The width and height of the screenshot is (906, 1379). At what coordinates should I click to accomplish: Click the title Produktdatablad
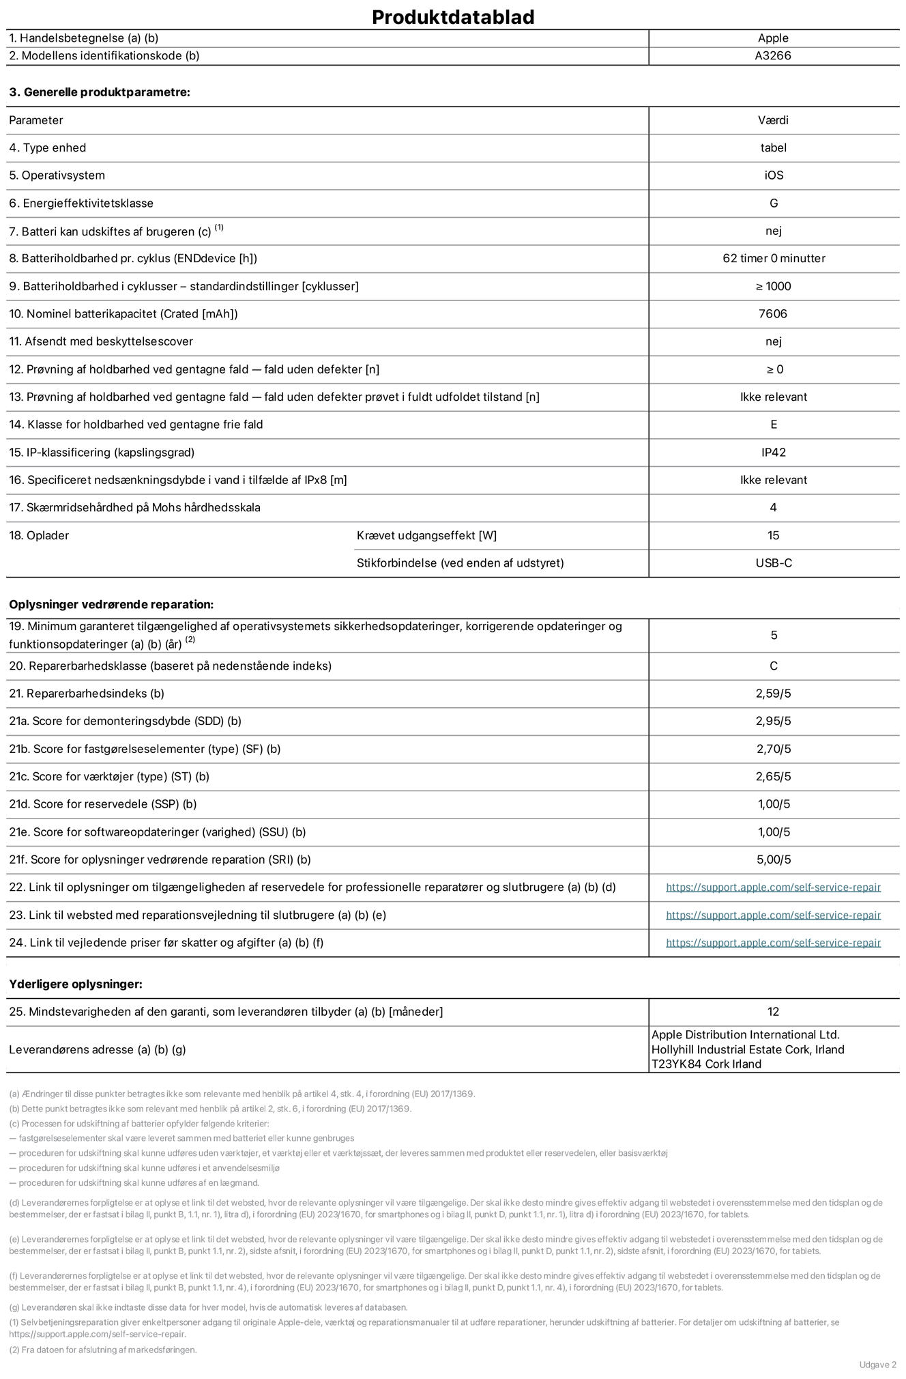tap(453, 17)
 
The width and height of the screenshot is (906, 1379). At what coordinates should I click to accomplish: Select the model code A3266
tap(773, 56)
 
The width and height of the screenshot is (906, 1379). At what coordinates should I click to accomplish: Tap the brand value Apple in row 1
tap(773, 38)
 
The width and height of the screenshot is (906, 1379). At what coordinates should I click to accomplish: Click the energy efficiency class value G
tap(774, 203)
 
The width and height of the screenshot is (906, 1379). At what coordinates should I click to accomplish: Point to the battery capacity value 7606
tap(773, 314)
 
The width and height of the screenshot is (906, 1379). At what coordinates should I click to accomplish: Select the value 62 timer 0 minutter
tap(774, 259)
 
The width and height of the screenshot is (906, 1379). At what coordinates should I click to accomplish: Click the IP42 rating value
tap(774, 453)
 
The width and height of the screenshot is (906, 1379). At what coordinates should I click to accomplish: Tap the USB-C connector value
tap(774, 563)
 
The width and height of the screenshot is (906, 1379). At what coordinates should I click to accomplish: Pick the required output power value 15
tap(773, 536)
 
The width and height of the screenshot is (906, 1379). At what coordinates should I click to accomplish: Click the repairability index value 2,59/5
tap(773, 694)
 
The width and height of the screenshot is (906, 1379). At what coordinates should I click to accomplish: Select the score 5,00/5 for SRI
tap(773, 860)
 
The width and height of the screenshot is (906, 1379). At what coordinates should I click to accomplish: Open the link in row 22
tap(773, 887)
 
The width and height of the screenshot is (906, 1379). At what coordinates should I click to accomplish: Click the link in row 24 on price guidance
tap(773, 943)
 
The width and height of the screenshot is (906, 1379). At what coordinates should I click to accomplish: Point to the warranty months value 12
tap(773, 1012)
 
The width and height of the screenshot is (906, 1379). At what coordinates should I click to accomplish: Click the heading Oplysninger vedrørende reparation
tap(111, 605)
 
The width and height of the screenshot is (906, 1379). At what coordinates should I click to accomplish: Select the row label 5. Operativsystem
tap(57, 175)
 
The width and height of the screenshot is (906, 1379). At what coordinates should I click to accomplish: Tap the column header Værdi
tap(773, 120)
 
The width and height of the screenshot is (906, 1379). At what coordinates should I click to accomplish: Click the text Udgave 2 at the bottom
tap(877, 1365)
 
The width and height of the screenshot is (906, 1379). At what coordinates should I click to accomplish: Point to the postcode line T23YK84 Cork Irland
tap(706, 1064)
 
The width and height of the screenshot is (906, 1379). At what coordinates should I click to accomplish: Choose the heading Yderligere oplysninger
tap(76, 984)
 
